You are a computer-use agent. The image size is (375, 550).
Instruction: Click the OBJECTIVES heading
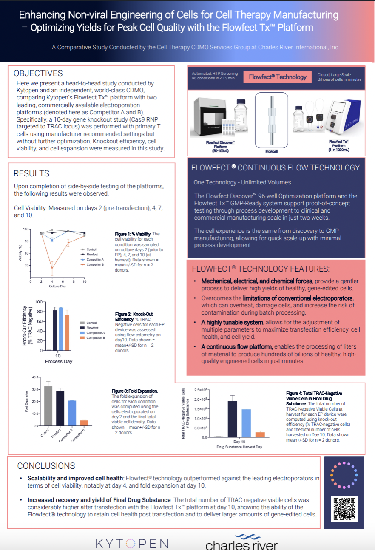click(x=38, y=74)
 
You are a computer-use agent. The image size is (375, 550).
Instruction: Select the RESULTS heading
click(x=31, y=173)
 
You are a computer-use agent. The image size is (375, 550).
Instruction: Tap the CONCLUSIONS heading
click(x=46, y=466)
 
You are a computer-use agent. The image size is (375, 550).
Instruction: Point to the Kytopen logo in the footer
click(x=132, y=543)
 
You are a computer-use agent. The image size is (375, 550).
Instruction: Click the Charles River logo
click(x=241, y=542)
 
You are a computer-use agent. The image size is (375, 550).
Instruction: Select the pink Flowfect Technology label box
click(x=278, y=77)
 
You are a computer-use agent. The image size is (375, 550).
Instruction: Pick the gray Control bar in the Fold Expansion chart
click(x=48, y=406)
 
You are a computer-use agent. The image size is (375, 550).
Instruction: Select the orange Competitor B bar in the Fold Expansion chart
click(x=84, y=422)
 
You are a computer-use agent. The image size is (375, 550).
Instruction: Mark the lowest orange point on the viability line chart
click(x=52, y=268)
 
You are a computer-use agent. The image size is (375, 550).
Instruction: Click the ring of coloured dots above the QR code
click(x=344, y=475)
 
